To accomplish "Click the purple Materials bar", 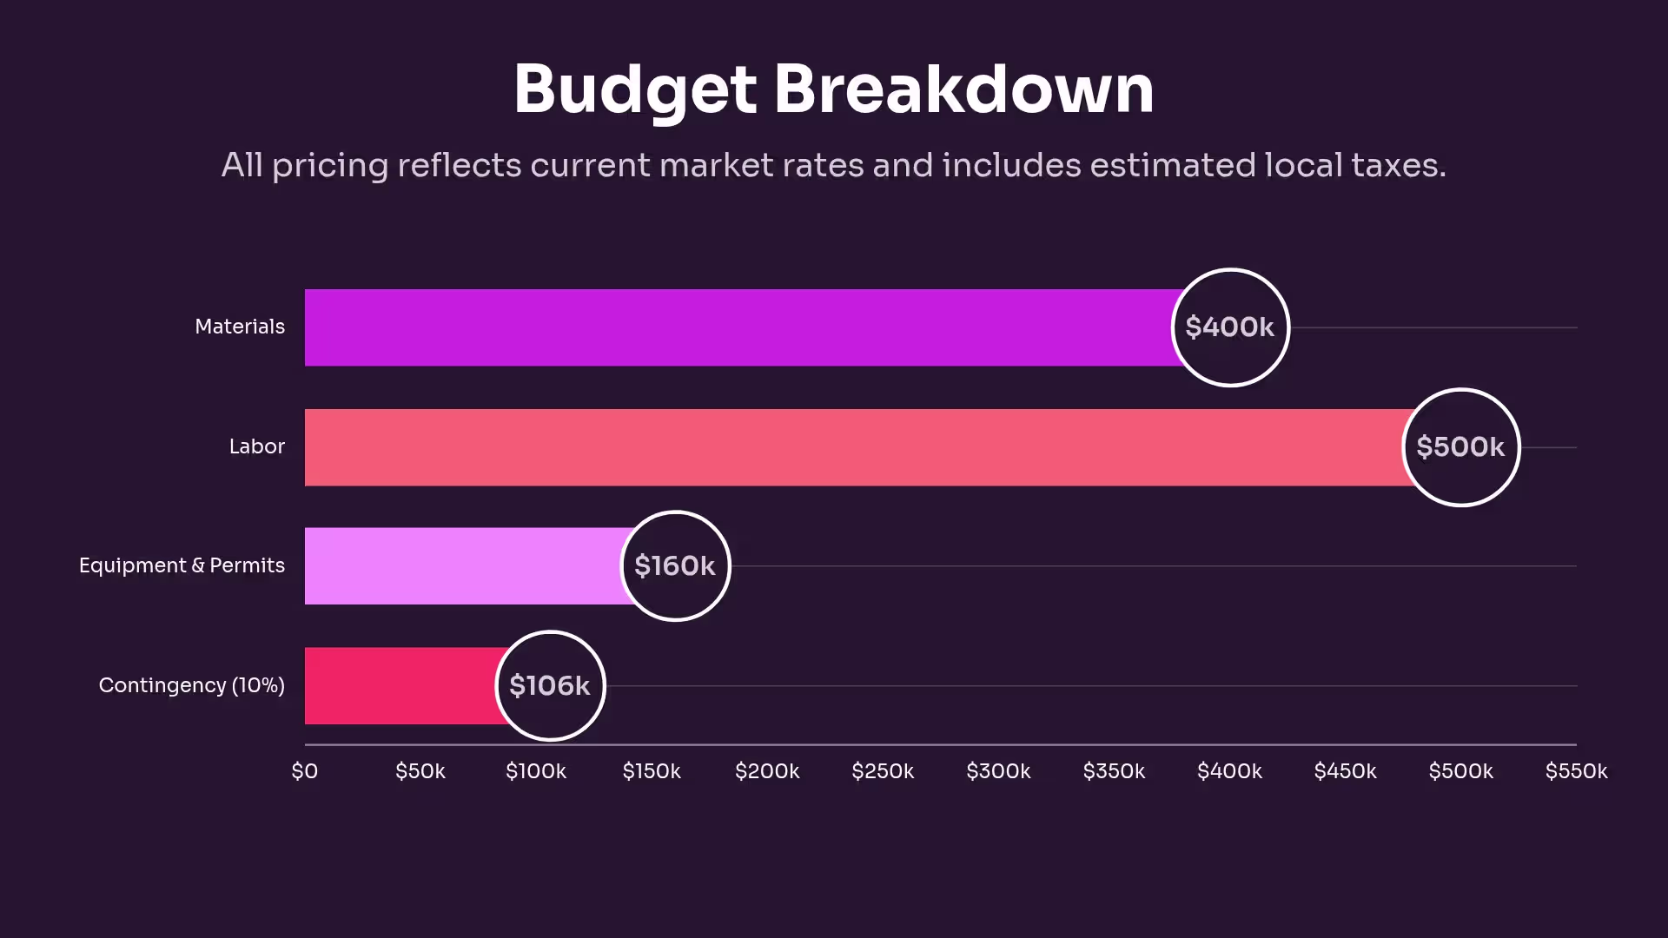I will click(x=738, y=327).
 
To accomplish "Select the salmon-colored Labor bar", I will click(x=851, y=447).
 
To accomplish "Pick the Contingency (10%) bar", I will click(x=400, y=686).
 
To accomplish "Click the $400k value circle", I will click(x=1230, y=327).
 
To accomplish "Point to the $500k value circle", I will click(x=1461, y=447).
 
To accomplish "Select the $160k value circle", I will click(x=675, y=566).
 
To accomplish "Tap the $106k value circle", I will click(x=550, y=686).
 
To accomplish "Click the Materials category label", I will click(x=240, y=327).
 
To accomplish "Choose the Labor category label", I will click(x=257, y=446).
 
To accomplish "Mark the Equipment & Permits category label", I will click(x=182, y=565).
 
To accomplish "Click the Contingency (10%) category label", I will click(x=192, y=685).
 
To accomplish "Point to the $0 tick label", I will click(x=305, y=771).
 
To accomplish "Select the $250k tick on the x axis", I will click(x=883, y=771).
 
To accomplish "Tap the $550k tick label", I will click(x=1576, y=771).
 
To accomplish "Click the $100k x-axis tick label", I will click(x=536, y=771).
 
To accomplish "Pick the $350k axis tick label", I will click(x=1114, y=771).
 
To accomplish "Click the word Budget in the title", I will click(x=635, y=90).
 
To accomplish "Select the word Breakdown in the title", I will click(x=963, y=89).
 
